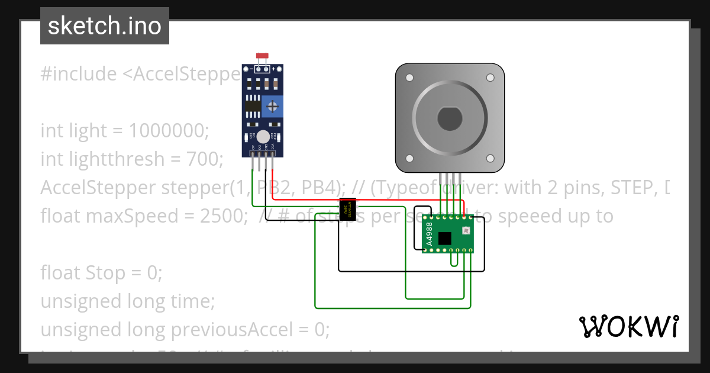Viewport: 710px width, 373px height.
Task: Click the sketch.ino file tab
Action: point(105,26)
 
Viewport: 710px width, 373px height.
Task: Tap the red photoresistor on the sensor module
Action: point(262,56)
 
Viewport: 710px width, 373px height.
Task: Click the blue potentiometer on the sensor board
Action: point(272,107)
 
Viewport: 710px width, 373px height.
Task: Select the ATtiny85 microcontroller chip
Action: point(347,207)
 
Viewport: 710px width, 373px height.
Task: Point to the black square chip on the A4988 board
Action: point(444,238)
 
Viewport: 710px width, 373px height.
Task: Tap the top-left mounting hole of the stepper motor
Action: point(409,78)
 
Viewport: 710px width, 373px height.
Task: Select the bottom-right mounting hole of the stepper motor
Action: point(490,158)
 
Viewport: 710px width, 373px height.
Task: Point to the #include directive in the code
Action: point(79,75)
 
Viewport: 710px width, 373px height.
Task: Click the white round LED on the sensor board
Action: point(263,137)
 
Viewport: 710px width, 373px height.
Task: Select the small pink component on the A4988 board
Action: point(465,230)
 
